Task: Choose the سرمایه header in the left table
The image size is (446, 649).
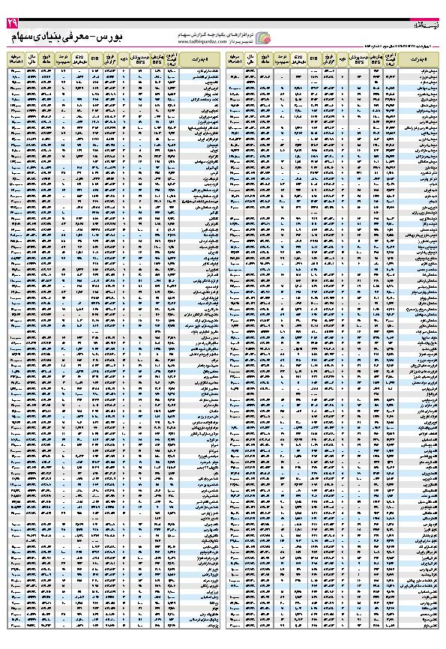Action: click(16, 57)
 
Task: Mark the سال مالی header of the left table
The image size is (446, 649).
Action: click(31, 57)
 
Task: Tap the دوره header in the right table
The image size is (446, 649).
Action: click(343, 57)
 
